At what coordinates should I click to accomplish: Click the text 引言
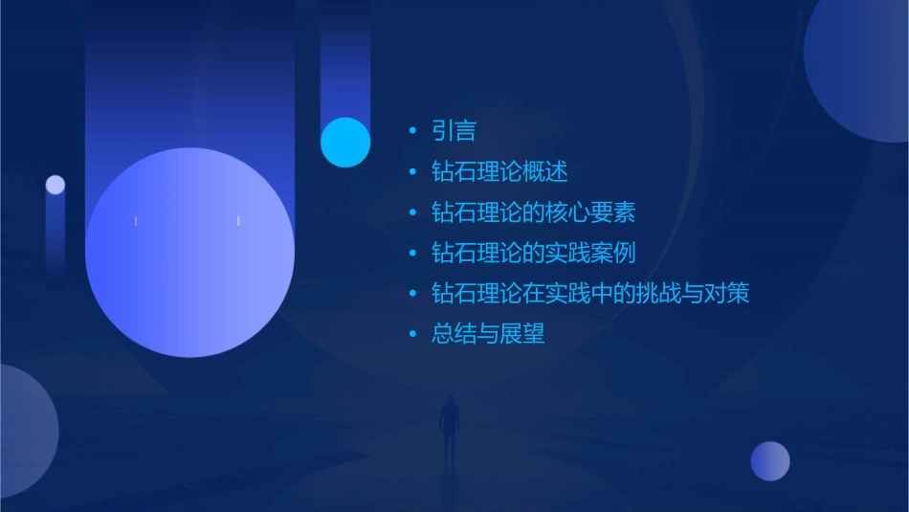pyautogui.click(x=454, y=131)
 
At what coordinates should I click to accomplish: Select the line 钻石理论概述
pyautogui.click(x=499, y=172)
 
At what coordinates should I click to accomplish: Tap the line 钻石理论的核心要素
pyautogui.click(x=533, y=212)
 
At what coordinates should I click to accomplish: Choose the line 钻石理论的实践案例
pyautogui.click(x=533, y=254)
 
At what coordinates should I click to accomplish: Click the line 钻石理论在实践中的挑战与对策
pyautogui.click(x=590, y=294)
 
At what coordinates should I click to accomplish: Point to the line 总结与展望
pyautogui.click(x=488, y=335)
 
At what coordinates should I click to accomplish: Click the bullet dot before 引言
pyautogui.click(x=412, y=131)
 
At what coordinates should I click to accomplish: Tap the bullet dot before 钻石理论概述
pyautogui.click(x=412, y=172)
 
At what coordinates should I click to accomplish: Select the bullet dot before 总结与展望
pyautogui.click(x=412, y=335)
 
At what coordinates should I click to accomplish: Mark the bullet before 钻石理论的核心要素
pyautogui.click(x=412, y=212)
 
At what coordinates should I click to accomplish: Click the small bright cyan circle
pyautogui.click(x=345, y=142)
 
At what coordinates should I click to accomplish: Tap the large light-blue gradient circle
pyautogui.click(x=189, y=253)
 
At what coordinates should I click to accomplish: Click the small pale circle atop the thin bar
pyautogui.click(x=55, y=185)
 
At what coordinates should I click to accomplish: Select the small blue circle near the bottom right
pyautogui.click(x=770, y=460)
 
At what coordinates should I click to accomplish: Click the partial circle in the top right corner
pyautogui.click(x=861, y=67)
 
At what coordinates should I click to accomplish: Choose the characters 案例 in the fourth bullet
pyautogui.click(x=612, y=254)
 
